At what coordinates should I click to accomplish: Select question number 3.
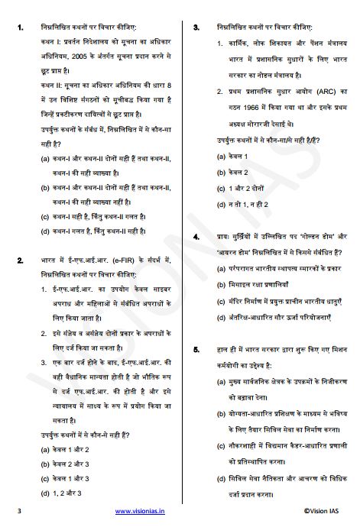tap(196, 27)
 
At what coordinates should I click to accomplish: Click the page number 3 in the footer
tap(19, 510)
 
